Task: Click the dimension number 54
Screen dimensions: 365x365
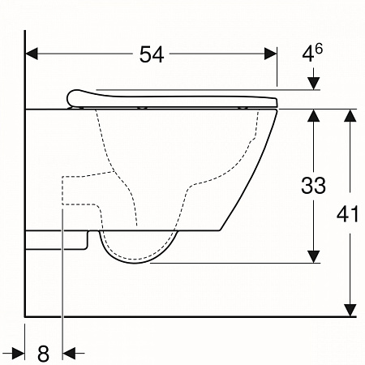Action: (152, 54)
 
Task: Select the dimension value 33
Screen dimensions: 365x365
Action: (313, 185)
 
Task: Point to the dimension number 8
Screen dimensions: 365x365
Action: (44, 353)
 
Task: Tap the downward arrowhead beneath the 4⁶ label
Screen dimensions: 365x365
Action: (314, 84)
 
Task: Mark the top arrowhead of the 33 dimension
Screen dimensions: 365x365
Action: (314, 114)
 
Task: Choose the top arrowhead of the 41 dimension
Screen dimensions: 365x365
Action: (350, 114)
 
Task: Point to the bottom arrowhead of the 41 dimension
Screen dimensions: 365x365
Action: (350, 310)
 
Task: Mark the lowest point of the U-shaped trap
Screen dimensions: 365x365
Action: (138, 261)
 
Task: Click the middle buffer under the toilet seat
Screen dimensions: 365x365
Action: (143, 107)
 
